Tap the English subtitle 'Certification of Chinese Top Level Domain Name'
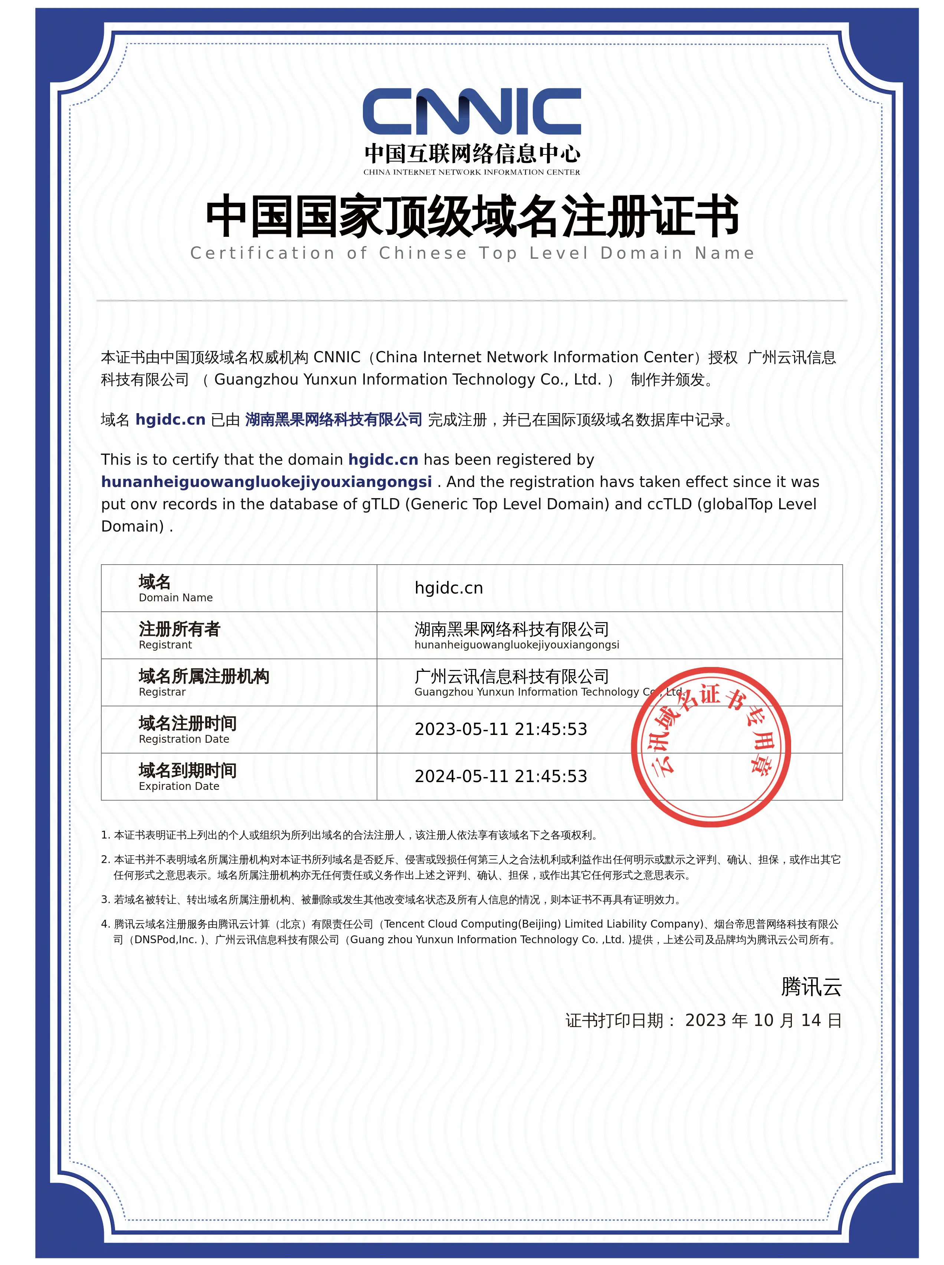(472, 253)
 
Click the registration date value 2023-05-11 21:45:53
(501, 729)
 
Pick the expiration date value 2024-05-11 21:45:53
(501, 776)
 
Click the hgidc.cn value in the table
(449, 588)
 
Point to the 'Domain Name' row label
(176, 597)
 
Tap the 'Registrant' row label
(165, 645)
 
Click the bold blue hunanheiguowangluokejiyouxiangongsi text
(266, 482)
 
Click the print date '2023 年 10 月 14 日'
(763, 1020)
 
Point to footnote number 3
(105, 900)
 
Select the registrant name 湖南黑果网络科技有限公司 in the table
(511, 630)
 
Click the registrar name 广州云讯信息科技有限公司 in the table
(511, 676)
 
